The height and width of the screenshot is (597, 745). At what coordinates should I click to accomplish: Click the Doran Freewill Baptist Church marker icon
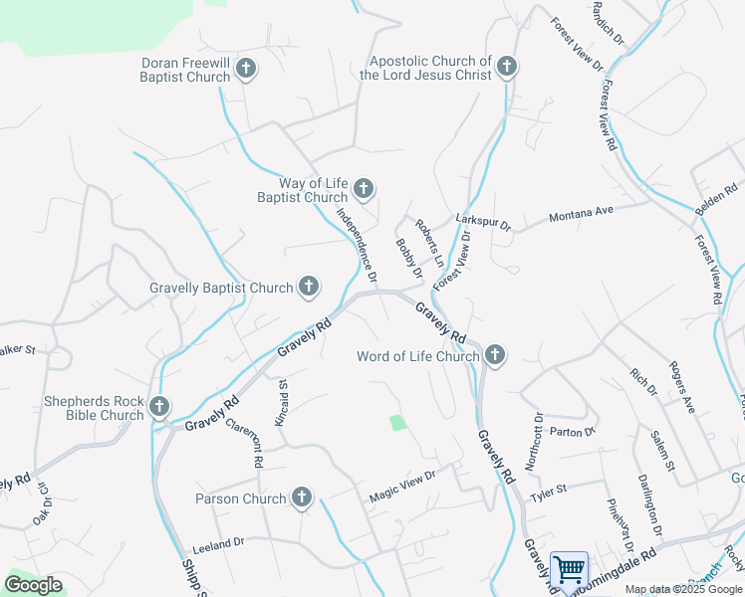(x=246, y=69)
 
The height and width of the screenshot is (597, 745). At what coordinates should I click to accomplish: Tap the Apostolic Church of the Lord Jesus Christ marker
(x=507, y=68)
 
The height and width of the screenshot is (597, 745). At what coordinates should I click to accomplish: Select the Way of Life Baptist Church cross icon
(x=364, y=188)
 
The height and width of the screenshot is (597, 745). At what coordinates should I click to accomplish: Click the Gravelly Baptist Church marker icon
(x=309, y=288)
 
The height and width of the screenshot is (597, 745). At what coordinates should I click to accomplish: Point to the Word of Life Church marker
(x=494, y=355)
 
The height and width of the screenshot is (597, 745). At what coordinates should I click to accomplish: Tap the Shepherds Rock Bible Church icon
(x=159, y=406)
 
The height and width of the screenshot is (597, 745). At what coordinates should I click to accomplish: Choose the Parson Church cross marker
(x=302, y=497)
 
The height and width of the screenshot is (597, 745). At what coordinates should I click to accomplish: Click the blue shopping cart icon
(x=569, y=571)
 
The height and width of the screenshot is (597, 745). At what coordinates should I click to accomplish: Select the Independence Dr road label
(x=357, y=243)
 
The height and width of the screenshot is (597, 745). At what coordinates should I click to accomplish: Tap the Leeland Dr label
(x=218, y=544)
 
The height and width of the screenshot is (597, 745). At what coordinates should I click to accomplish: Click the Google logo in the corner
(x=33, y=585)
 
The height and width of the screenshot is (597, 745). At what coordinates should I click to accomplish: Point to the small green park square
(x=398, y=423)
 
